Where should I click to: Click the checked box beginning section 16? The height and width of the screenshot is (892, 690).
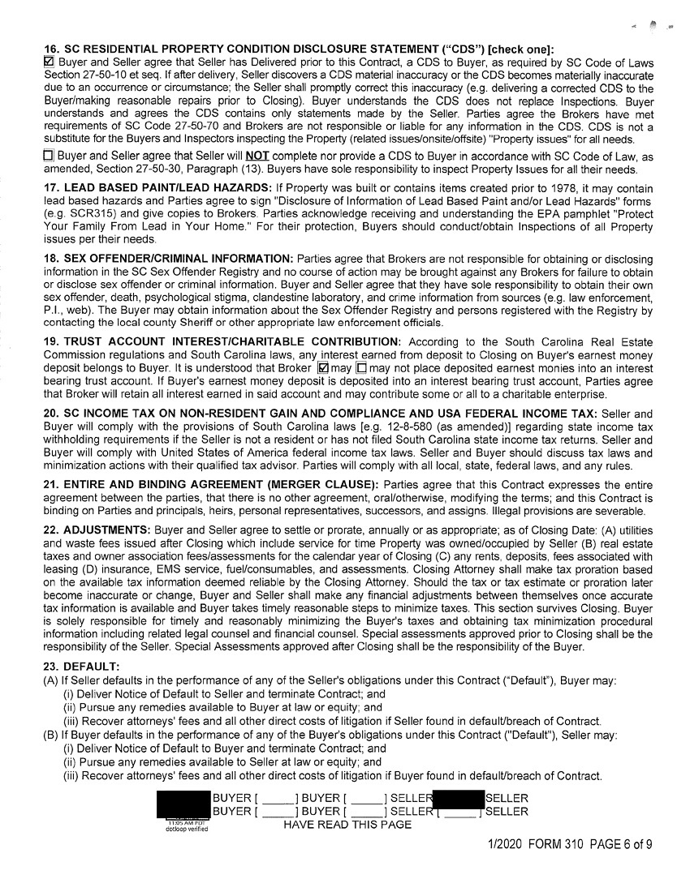[x=48, y=61]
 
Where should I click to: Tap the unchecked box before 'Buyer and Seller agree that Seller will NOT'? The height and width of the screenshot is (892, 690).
[x=48, y=157]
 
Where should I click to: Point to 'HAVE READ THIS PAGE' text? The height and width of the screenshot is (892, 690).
[x=347, y=825]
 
